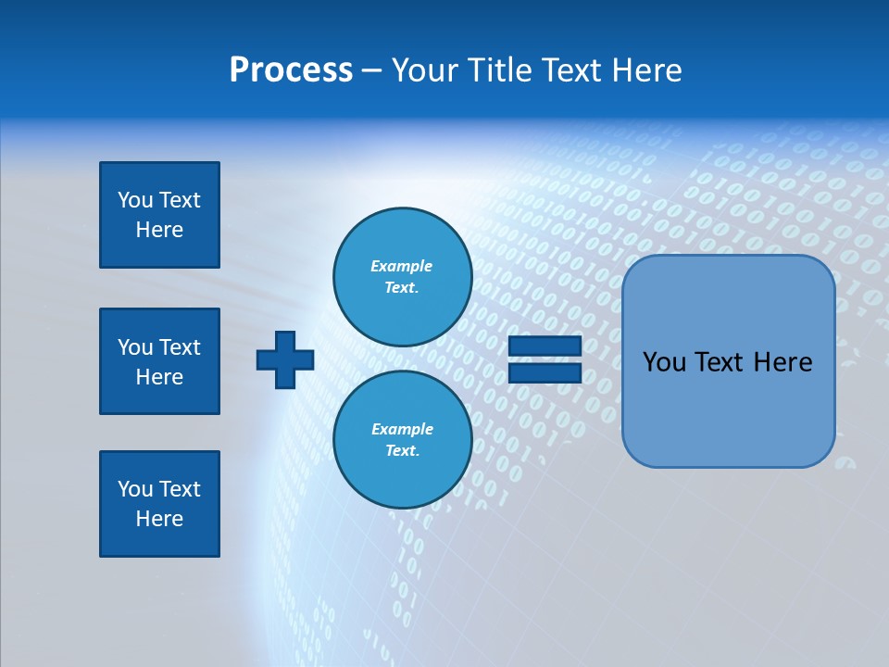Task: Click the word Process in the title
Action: coord(291,70)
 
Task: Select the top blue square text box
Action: coord(159,215)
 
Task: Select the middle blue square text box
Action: coord(159,361)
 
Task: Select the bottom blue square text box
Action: coord(159,504)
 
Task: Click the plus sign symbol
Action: coord(285,359)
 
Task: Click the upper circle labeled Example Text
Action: coord(402,276)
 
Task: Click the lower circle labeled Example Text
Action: coord(402,439)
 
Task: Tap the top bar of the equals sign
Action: coord(545,347)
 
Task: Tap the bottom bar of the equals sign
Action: coord(545,372)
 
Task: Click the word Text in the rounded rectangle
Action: coord(722,362)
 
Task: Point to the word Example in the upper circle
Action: coord(402,266)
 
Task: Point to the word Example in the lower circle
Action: coord(402,429)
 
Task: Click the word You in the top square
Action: coord(134,200)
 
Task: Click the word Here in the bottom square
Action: coord(159,519)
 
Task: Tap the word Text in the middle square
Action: coord(180,347)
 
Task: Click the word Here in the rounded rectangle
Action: coord(783,362)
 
